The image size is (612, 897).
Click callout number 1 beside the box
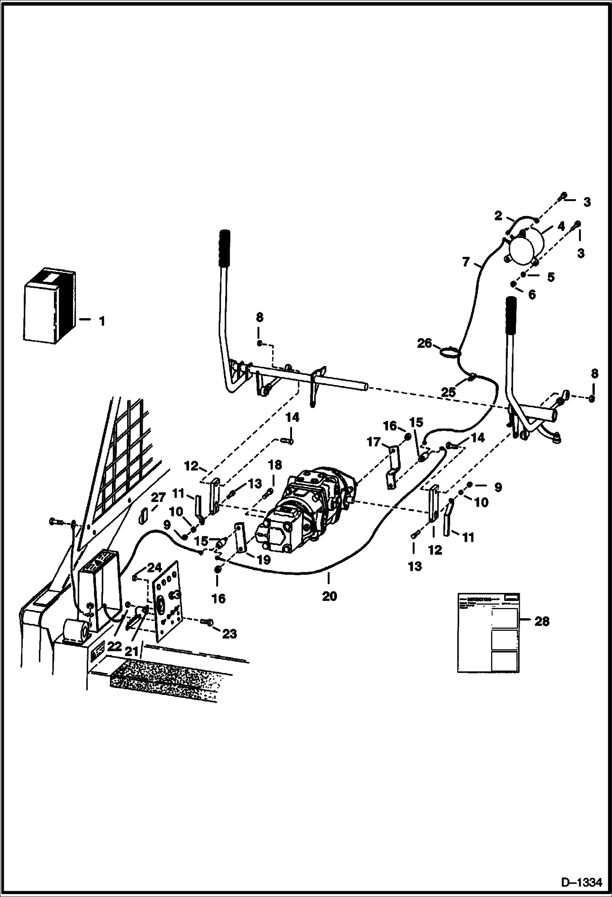102,321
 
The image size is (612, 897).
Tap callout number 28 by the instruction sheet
542,621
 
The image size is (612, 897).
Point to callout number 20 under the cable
329,596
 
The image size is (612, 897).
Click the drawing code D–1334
582,882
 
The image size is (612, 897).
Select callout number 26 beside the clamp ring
424,343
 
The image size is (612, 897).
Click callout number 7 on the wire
467,262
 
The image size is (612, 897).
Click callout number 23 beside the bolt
229,634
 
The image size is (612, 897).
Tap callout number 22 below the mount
114,646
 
